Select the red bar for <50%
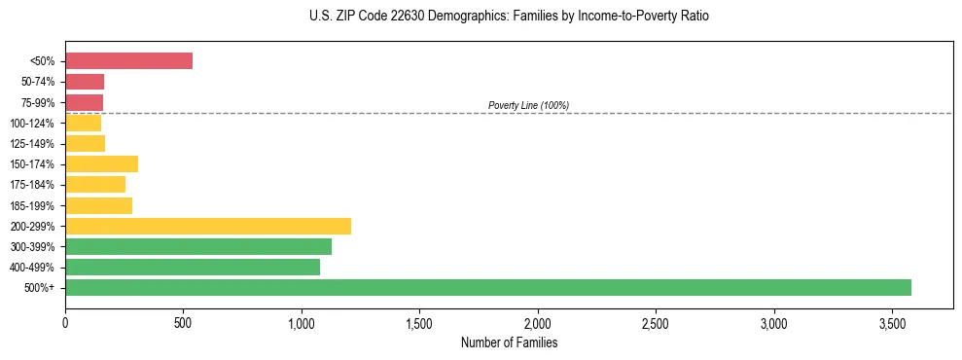128,61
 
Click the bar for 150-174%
101,163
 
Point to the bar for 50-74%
85,82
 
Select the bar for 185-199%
98,205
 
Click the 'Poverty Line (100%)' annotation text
528,105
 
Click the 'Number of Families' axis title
509,342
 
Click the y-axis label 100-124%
34,123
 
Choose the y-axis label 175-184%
34,185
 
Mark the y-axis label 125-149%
34,144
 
